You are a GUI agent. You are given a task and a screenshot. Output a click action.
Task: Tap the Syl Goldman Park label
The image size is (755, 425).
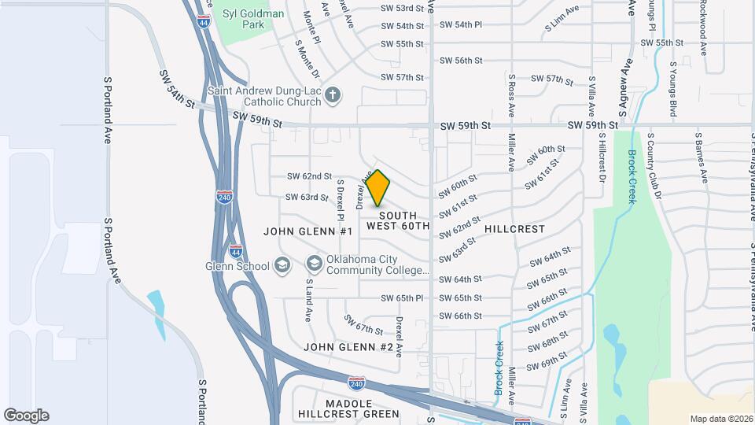click(252, 19)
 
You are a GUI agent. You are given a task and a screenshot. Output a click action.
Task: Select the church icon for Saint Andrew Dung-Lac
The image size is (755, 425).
click(333, 95)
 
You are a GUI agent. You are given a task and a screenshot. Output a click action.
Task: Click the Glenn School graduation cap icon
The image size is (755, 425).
click(282, 265)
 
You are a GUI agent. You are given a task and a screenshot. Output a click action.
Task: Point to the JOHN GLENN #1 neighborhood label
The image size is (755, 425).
click(308, 231)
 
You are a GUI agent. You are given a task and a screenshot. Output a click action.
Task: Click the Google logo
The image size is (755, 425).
click(26, 415)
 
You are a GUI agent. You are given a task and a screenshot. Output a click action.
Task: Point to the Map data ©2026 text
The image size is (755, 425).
click(720, 418)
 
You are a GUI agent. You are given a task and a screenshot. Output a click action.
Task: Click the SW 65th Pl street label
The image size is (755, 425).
click(403, 298)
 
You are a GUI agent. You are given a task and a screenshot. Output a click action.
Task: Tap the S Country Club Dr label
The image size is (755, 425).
click(654, 165)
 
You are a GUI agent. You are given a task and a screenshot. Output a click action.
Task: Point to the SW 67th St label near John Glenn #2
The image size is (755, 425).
click(363, 324)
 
